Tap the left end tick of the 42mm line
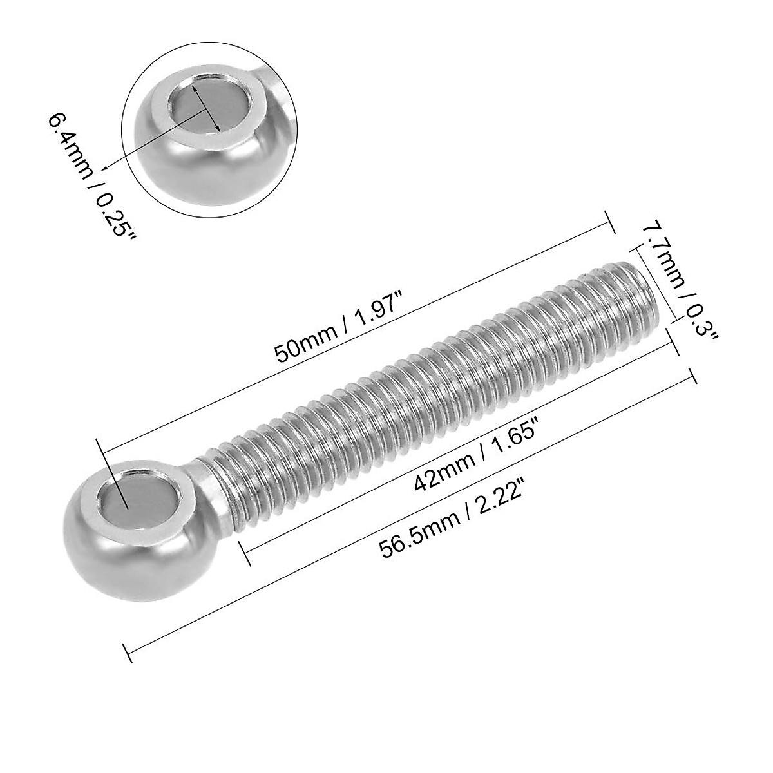click(x=244, y=554)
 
